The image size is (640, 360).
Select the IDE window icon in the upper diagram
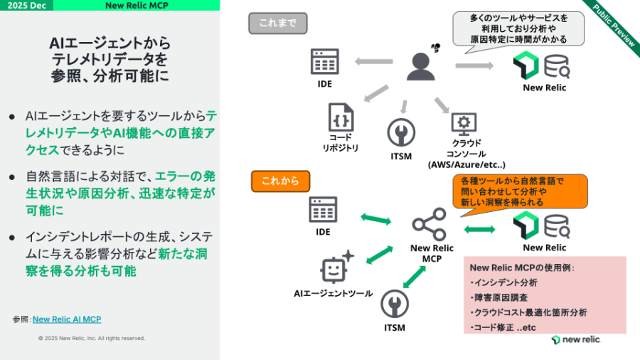(324, 62)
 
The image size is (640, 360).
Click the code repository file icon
(342, 117)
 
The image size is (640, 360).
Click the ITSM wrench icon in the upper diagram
(401, 133)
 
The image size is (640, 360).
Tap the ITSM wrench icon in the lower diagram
(395, 305)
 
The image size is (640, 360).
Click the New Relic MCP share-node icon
(430, 225)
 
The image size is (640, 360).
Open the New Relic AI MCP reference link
(67, 319)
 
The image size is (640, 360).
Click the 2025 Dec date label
(26, 5)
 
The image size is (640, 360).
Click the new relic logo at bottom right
(575, 339)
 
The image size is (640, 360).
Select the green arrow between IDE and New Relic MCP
(376, 218)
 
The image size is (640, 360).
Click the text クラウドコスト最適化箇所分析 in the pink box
(528, 312)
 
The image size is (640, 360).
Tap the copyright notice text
(92, 338)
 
